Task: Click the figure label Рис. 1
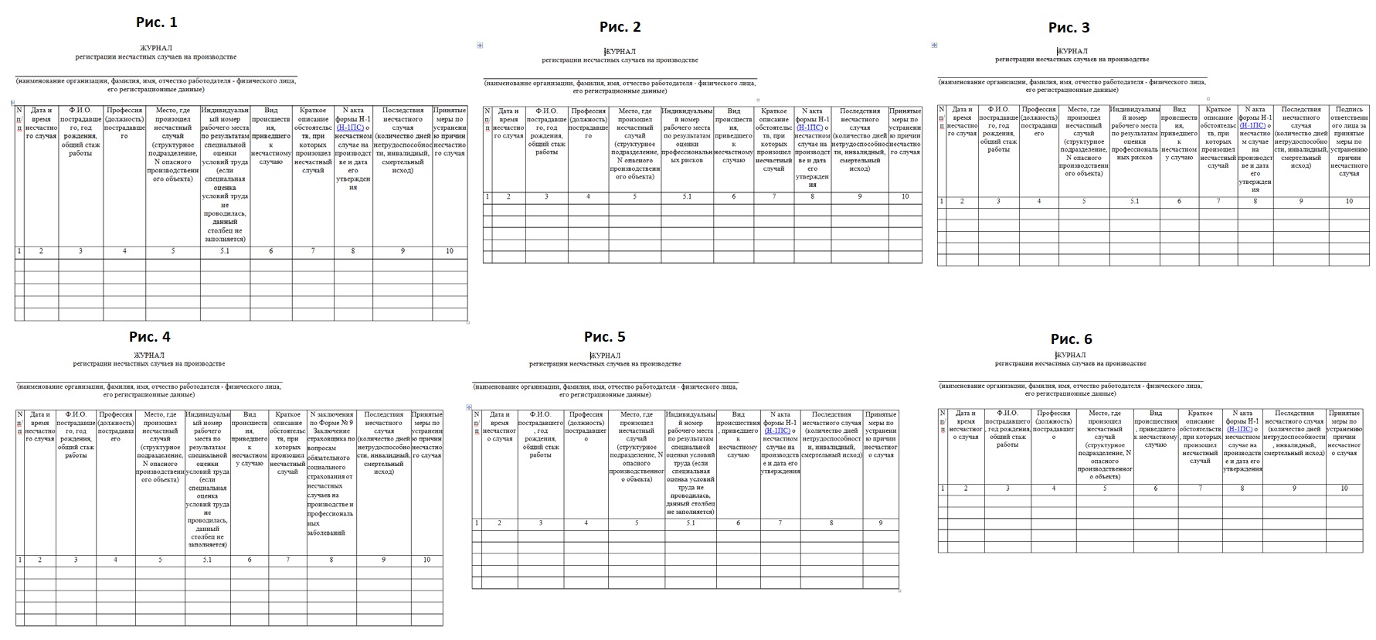(157, 22)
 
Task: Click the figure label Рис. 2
(620, 27)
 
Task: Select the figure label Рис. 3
(1069, 28)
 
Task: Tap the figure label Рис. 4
(149, 336)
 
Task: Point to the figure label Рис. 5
(604, 336)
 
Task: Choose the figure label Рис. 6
(1071, 339)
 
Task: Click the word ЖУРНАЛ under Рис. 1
(156, 47)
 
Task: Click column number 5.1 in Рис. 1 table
(225, 251)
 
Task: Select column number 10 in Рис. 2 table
(905, 197)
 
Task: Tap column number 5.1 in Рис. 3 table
(1134, 202)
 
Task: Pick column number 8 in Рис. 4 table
(331, 560)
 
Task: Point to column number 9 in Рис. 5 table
(881, 523)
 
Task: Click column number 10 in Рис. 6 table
(1344, 489)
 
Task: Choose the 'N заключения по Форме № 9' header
(331, 419)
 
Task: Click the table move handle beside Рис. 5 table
(468, 407)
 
